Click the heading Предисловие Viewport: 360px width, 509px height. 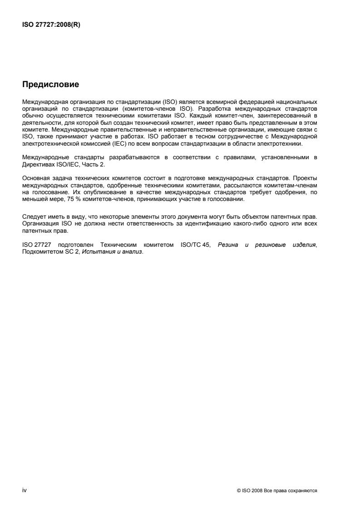[51, 84]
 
